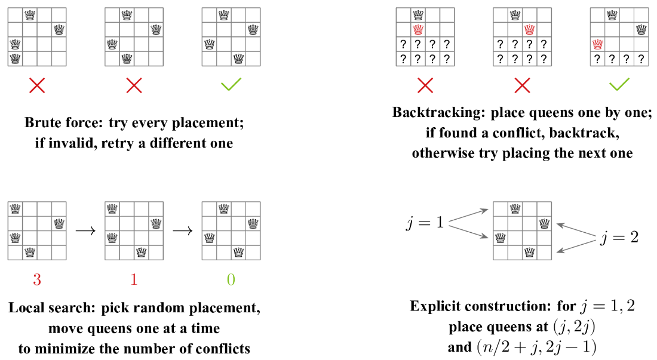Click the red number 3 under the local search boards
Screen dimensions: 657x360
click(37, 279)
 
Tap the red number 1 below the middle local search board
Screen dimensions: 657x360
click(134, 279)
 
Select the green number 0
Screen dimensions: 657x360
click(231, 279)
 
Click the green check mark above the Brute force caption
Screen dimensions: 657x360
click(231, 84)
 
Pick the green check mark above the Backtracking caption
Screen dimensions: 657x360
click(619, 84)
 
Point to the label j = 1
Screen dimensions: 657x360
click(425, 222)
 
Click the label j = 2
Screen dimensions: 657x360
click(619, 238)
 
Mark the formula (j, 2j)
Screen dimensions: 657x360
click(574, 327)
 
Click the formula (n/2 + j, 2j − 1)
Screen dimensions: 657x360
click(536, 347)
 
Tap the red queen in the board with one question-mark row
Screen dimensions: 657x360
click(598, 44)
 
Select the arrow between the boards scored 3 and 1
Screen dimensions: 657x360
click(85, 230)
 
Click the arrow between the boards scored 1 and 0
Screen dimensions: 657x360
click(183, 230)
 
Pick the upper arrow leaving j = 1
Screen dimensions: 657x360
click(468, 215)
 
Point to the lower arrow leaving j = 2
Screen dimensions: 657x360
click(576, 246)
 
